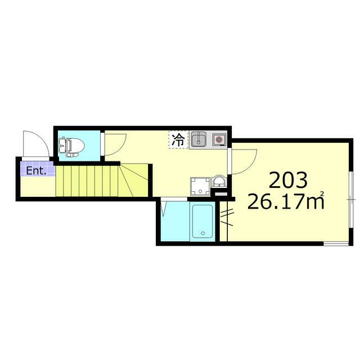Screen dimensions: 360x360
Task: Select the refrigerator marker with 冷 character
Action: coord(178,139)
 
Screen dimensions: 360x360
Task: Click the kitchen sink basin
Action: coord(198,139)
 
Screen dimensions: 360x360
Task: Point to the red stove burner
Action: coord(218,139)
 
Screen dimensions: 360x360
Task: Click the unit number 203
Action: coord(288,180)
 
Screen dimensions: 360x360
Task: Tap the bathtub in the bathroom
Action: coord(201,222)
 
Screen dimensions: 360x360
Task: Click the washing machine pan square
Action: coord(200,185)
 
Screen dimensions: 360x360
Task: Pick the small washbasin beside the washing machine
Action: coord(219,182)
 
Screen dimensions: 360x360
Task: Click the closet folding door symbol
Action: coord(227,217)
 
